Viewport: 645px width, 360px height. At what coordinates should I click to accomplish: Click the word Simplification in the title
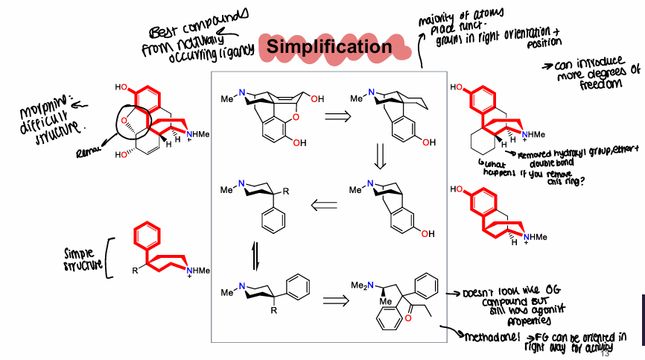[x=328, y=47]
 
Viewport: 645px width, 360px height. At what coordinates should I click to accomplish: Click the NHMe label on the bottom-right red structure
[x=538, y=237]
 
